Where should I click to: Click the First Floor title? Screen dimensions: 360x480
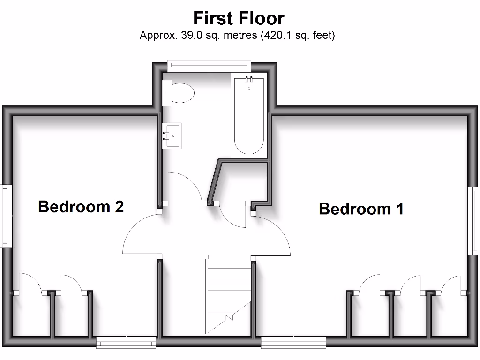tap(239, 18)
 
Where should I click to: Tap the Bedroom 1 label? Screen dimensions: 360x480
tap(361, 209)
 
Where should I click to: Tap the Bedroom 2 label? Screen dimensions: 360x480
tap(81, 206)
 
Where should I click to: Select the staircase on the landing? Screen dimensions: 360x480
tap(229, 295)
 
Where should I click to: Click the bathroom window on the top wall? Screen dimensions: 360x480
tap(209, 64)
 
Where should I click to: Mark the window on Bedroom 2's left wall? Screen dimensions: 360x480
tap(5, 216)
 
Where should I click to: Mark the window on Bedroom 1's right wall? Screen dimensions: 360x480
tap(474, 220)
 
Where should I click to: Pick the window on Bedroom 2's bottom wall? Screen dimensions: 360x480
tap(126, 343)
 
